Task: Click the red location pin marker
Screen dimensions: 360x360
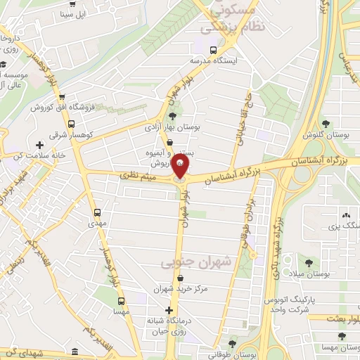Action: click(x=181, y=167)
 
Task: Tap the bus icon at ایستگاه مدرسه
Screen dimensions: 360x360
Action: click(x=212, y=49)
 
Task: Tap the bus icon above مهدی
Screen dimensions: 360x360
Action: click(x=97, y=212)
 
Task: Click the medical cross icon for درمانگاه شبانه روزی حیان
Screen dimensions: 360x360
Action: click(x=169, y=309)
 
